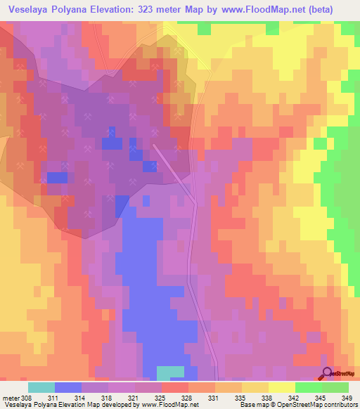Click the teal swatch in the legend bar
point(41,387)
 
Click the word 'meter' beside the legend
point(10,398)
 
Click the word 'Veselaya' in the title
point(32,9)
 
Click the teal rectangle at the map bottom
point(170,372)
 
